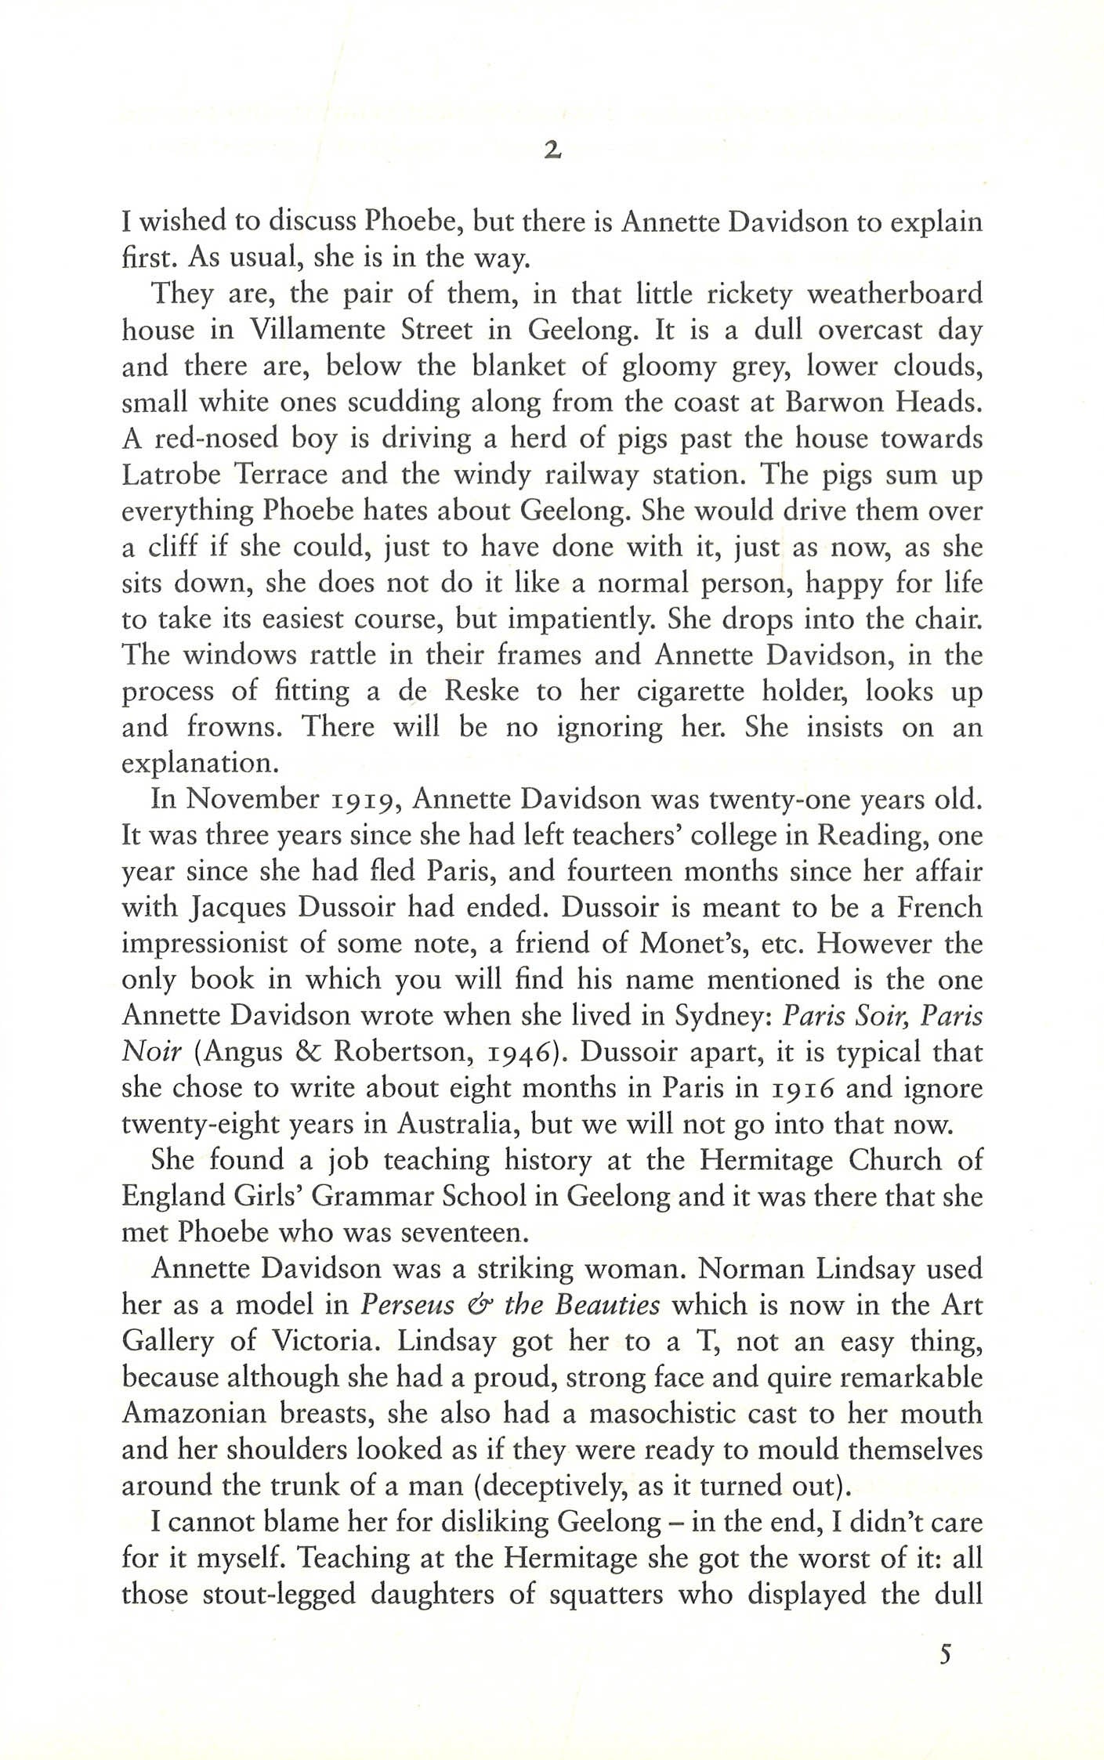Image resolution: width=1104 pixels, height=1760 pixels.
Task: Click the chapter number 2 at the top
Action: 552,152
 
